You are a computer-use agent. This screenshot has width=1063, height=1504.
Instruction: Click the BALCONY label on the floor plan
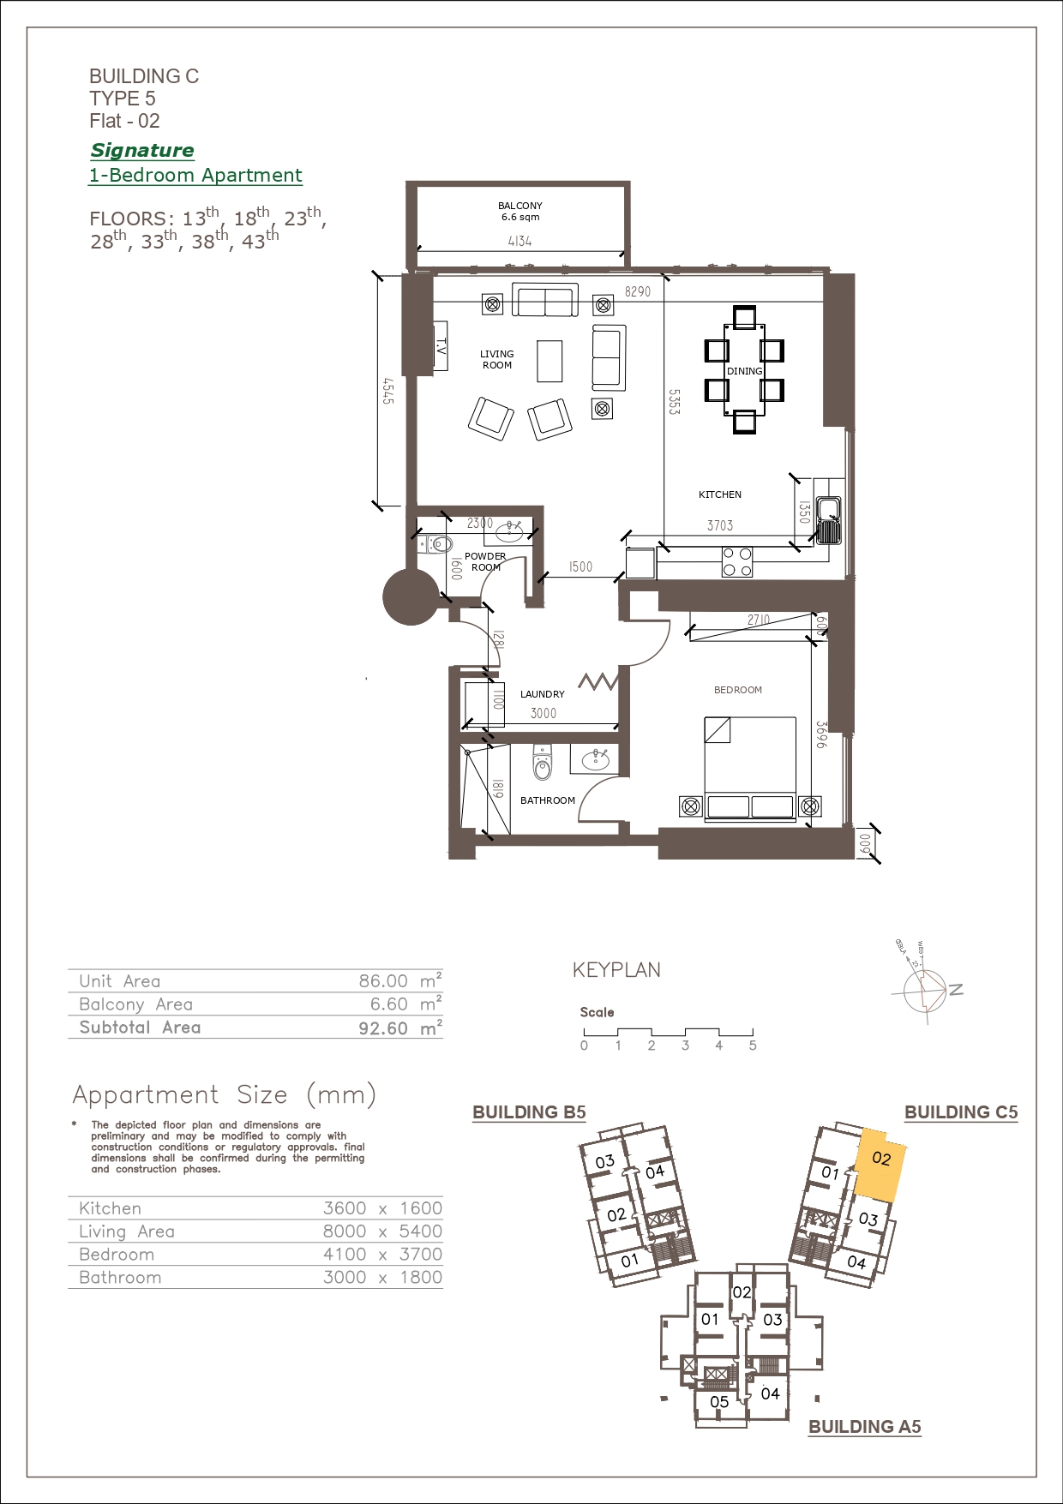520,206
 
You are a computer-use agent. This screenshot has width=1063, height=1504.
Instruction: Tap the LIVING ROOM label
497,359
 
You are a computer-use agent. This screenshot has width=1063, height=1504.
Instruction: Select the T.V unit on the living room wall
441,346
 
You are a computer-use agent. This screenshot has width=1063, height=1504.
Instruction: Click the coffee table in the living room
550,361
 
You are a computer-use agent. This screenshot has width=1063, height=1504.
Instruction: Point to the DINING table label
744,371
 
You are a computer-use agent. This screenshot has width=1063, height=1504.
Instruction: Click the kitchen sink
828,521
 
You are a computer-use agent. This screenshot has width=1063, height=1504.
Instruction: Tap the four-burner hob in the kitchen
737,561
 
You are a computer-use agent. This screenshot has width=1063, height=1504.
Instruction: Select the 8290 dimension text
637,291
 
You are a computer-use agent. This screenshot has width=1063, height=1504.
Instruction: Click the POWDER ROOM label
485,561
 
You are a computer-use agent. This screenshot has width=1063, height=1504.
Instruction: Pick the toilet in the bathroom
542,763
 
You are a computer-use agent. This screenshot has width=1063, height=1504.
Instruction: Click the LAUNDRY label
543,694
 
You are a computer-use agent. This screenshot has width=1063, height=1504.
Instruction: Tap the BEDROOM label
738,690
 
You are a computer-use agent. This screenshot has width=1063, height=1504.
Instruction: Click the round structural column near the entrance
411,596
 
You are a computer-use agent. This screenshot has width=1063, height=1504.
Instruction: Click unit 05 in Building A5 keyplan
719,1402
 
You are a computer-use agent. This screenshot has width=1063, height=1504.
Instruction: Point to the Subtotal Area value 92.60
383,1028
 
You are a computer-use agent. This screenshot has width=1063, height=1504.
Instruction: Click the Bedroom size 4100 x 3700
383,1254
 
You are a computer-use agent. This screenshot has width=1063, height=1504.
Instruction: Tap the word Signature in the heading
142,150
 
